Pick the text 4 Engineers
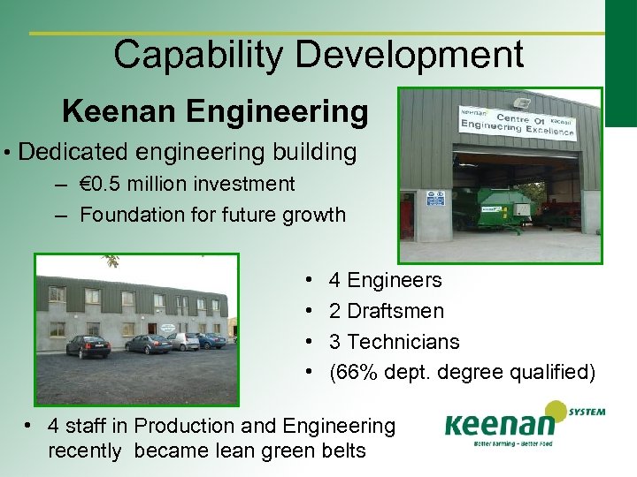click(x=385, y=281)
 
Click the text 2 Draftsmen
click(x=386, y=311)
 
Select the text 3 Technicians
click(x=394, y=342)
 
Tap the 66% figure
click(x=356, y=373)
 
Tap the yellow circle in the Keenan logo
click(x=555, y=411)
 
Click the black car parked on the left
click(x=88, y=346)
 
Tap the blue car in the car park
click(x=211, y=340)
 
